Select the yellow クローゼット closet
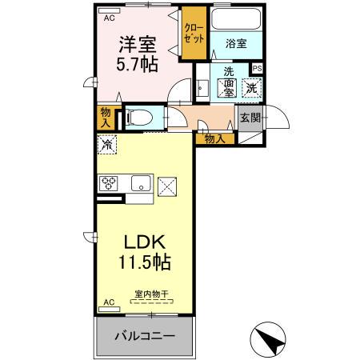click(194, 33)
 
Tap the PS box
click(257, 69)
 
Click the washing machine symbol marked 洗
click(251, 88)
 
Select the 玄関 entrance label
click(250, 118)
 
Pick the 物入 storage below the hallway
click(214, 138)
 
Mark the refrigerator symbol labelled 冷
click(106, 145)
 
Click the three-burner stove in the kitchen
click(110, 183)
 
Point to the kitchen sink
click(142, 183)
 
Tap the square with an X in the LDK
click(169, 186)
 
